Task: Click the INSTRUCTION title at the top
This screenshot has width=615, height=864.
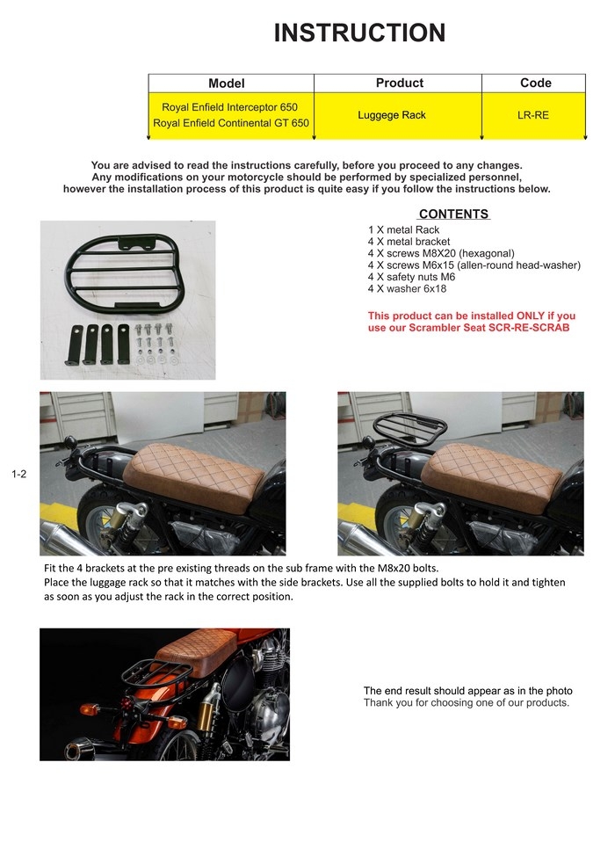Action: coord(359,33)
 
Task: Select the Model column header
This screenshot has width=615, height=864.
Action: coord(226,83)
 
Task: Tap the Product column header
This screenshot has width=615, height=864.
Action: coord(399,83)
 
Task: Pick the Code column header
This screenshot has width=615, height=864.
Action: coord(535,83)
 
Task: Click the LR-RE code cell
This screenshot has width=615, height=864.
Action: coord(533,115)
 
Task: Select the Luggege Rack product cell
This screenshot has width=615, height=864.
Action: coord(392,115)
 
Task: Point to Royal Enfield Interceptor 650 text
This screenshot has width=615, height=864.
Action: coord(229,107)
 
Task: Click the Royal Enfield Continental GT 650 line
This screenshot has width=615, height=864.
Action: coord(230,123)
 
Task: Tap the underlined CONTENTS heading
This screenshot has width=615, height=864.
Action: coord(453,214)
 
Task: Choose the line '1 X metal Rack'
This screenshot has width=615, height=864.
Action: coord(403,230)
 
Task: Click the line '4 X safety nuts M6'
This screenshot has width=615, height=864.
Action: coord(411,276)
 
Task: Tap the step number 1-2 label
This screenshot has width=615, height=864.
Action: coord(19,475)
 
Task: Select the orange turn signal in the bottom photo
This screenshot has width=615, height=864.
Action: coord(89,708)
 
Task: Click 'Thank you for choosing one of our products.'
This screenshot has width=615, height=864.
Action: coord(467,702)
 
